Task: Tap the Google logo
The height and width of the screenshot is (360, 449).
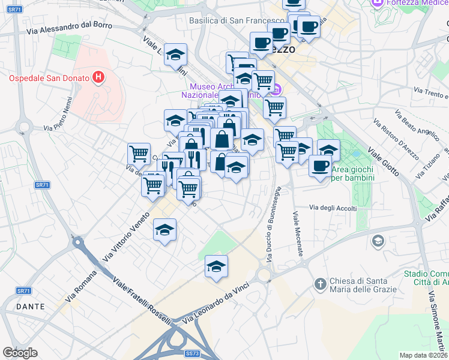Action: tap(20, 353)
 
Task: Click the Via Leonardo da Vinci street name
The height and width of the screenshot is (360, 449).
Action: tap(221, 303)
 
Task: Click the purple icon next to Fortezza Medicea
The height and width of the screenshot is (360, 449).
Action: tap(378, 4)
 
